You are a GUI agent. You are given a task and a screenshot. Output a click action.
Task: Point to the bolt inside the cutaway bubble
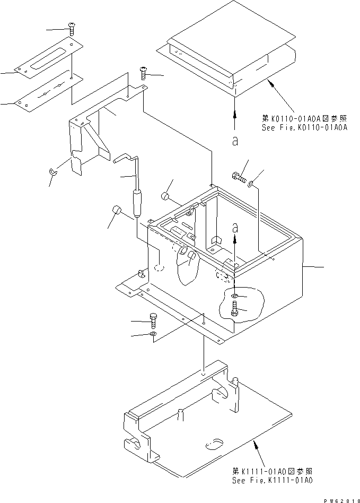tap(235, 308)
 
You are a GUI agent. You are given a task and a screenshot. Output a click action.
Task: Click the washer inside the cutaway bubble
tap(235, 295)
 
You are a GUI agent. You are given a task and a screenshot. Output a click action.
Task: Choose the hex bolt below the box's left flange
tap(154, 321)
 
